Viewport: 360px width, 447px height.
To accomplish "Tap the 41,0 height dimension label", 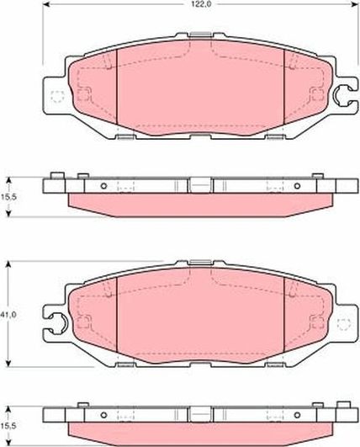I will pos(7,315).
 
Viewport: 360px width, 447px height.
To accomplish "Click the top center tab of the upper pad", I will pos(199,36).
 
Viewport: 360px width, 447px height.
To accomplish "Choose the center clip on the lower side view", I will pos(199,412).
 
